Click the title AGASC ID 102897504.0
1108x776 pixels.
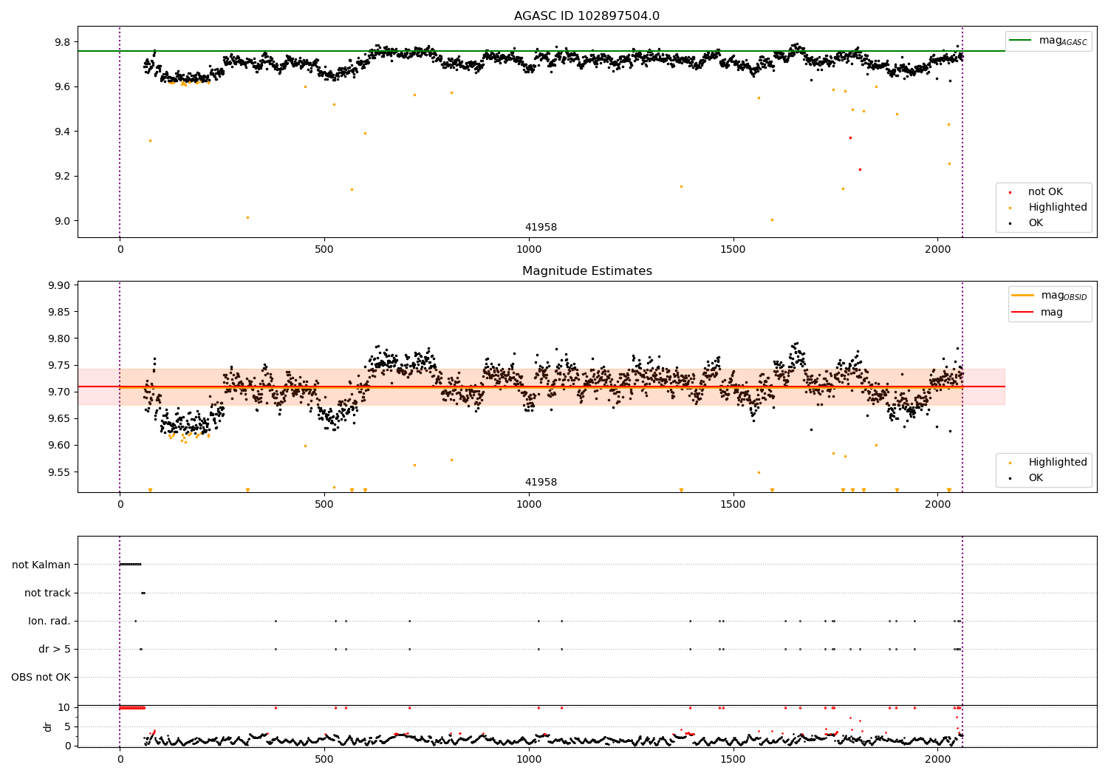(587, 16)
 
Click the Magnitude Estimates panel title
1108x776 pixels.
(587, 271)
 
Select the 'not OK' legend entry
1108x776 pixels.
(1045, 192)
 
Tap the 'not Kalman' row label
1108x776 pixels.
(41, 565)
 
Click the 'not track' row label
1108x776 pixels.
(47, 593)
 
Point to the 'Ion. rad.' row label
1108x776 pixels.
(49, 621)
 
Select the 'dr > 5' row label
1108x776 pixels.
(55, 649)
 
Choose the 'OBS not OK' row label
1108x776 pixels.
(41, 677)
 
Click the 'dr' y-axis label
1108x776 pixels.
(48, 726)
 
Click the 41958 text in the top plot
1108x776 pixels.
(541, 228)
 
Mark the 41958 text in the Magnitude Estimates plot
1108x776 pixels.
(541, 483)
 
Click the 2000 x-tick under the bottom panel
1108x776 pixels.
(937, 758)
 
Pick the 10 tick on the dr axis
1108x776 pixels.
(64, 707)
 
